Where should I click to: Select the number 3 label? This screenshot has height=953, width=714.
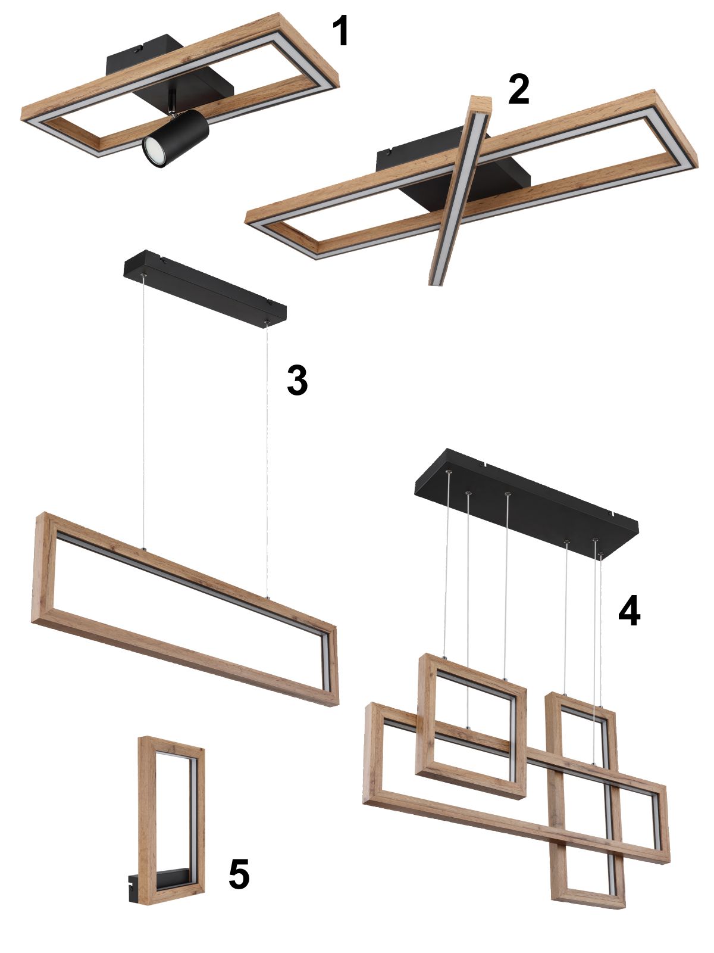297,380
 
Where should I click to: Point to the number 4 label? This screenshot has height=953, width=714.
629,612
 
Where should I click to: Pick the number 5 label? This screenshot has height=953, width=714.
239,874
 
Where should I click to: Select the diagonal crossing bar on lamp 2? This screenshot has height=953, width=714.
461,191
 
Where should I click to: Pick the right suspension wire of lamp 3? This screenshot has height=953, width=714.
267,460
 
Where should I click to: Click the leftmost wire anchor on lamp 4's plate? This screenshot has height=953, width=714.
449,472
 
